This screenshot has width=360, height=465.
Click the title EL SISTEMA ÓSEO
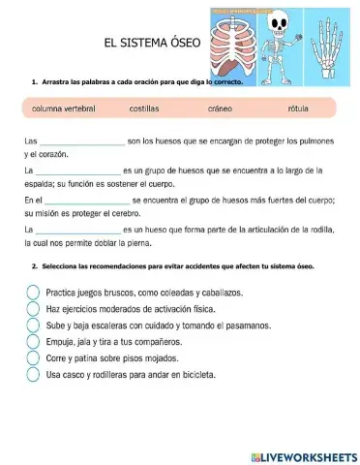pos(153,44)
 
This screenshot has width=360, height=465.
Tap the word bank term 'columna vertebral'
pos(64,108)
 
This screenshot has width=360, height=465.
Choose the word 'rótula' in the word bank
pos(298,108)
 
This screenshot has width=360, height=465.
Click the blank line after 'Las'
pos(80,141)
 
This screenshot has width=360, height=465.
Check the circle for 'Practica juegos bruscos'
pos(33,292)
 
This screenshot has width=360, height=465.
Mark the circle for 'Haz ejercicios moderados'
pos(33,308)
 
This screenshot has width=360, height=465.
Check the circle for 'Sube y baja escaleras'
pos(33,325)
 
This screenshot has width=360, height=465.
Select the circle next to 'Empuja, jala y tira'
pos(33,341)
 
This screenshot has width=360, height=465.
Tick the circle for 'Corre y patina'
pos(33,357)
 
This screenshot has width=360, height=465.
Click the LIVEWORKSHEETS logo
pos(303,455)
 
